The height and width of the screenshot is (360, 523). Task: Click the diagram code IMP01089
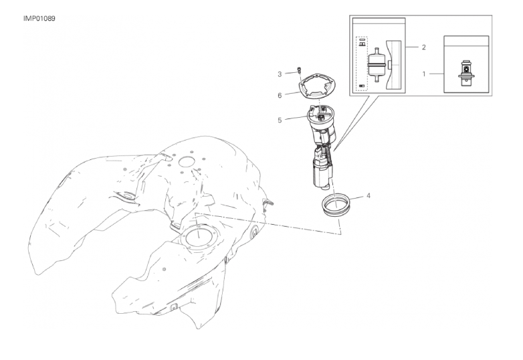(39, 18)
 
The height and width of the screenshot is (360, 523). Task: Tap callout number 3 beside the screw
(280, 74)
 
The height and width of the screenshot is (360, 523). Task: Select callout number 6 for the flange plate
(280, 96)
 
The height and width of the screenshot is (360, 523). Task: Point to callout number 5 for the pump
(280, 120)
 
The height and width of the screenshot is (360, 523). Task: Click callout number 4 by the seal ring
(369, 195)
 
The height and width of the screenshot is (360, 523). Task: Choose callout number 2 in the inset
(423, 48)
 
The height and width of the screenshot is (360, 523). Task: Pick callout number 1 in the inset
(424, 74)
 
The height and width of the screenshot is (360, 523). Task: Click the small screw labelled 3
(299, 70)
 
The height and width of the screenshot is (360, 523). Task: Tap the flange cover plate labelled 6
(318, 88)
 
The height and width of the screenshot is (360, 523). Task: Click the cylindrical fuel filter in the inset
(377, 65)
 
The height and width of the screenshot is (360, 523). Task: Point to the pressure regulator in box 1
(466, 73)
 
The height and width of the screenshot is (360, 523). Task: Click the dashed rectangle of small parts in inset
(362, 64)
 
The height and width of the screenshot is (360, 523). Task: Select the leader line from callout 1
(436, 74)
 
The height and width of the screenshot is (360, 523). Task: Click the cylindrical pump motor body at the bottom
(322, 173)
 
